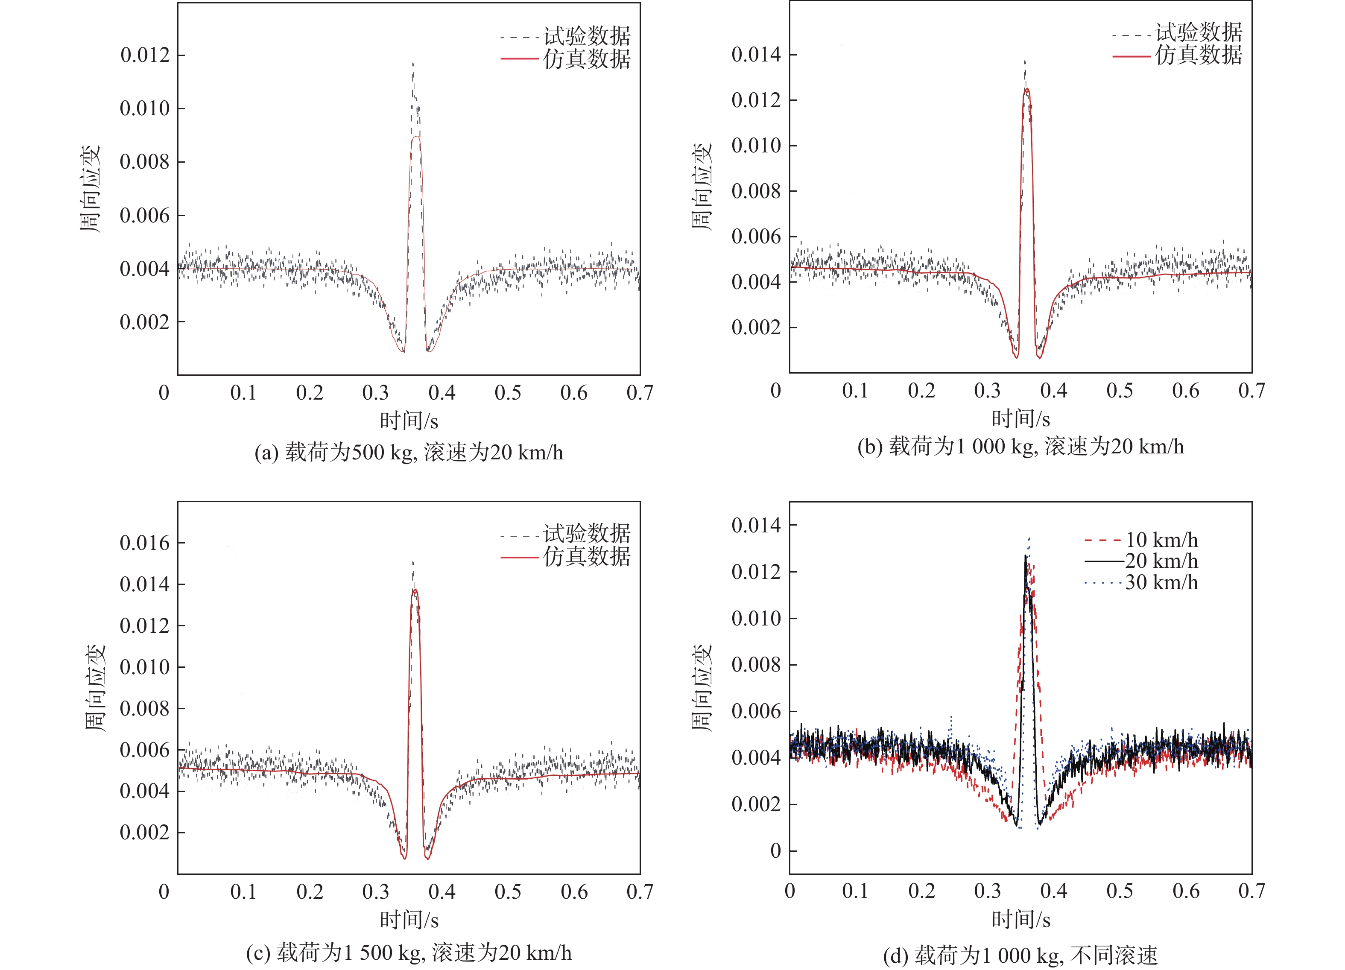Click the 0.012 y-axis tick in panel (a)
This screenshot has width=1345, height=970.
tap(145, 55)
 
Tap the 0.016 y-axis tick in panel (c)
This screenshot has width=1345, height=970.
tap(145, 543)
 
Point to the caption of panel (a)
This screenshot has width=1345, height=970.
tap(409, 453)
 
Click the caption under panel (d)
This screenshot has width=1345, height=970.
tap(1020, 955)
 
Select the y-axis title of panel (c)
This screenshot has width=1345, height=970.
tap(95, 688)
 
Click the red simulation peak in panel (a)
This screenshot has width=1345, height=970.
tap(417, 137)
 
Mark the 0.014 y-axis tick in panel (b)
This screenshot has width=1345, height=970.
tap(756, 55)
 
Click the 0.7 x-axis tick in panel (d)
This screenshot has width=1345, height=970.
tap(1251, 891)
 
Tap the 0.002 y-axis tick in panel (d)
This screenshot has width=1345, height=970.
tap(756, 805)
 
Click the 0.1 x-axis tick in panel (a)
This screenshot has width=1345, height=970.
tap(243, 392)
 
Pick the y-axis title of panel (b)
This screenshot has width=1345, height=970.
tap(702, 187)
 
